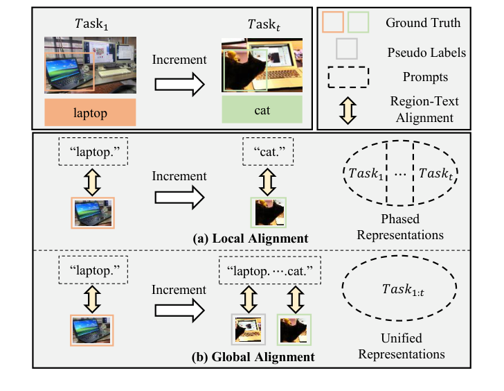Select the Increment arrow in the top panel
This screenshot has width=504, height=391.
point(179,84)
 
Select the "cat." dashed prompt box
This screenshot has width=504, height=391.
point(268,150)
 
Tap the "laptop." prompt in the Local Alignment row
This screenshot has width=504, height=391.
point(92,150)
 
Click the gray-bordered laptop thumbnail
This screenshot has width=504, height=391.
point(247,330)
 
